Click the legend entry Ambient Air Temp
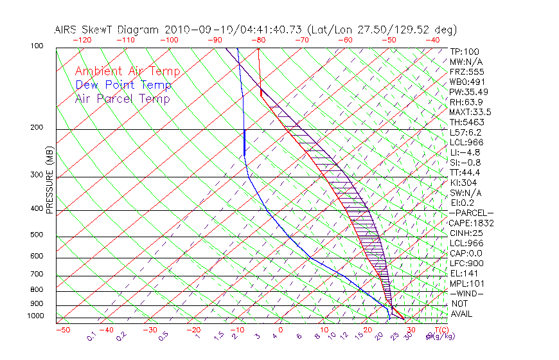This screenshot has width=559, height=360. click(127, 71)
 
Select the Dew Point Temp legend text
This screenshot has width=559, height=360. click(123, 85)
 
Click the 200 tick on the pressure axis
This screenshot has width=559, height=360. click(36, 128)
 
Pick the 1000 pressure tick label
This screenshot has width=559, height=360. click(34, 316)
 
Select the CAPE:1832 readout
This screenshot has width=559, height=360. click(471, 223)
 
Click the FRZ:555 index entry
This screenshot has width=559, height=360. click(465, 71)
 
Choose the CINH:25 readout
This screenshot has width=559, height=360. click(466, 233)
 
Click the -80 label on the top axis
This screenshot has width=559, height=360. click(258, 40)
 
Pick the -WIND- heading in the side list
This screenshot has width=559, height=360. click(467, 293)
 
